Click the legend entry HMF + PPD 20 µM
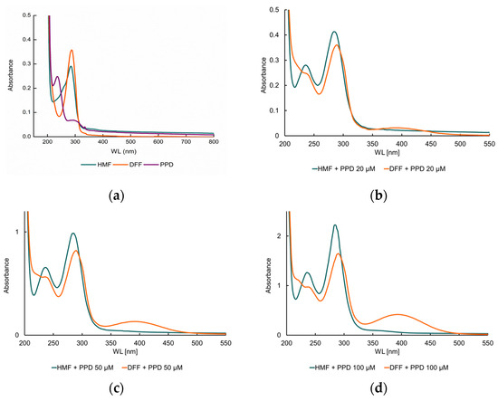click(x=343, y=169)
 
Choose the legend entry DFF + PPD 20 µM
click(x=428, y=169)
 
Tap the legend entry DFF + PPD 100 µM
click(x=431, y=368)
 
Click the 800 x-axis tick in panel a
click(x=214, y=142)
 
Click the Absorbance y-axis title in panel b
click(x=263, y=72)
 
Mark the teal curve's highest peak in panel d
click(x=335, y=225)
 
